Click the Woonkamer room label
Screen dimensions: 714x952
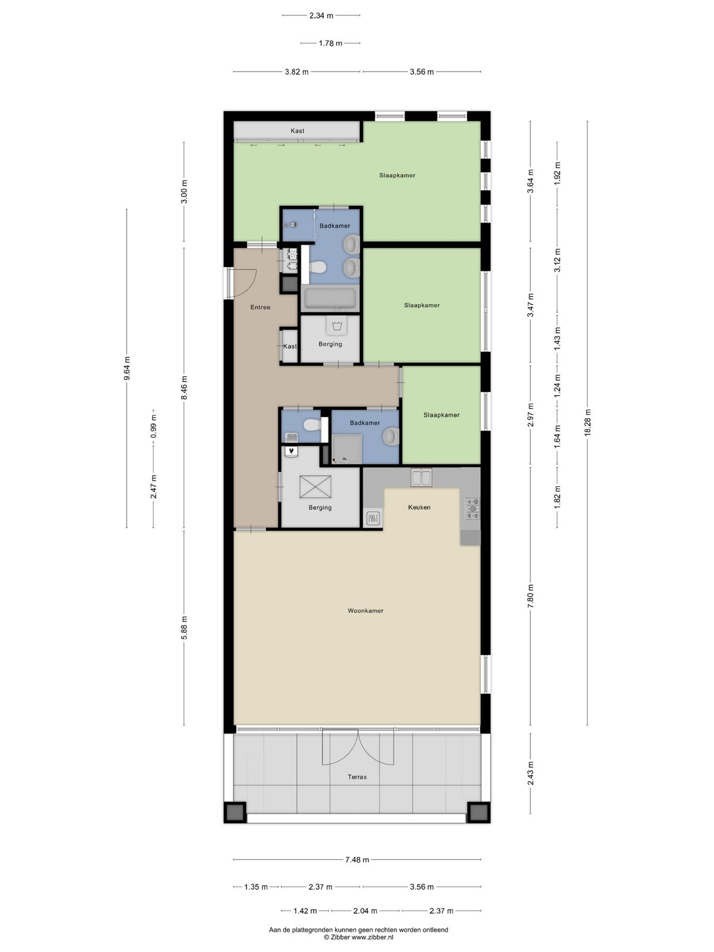(x=365, y=610)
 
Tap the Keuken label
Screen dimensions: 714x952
(x=419, y=507)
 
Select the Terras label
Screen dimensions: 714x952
(x=357, y=777)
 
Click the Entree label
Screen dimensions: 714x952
(x=260, y=307)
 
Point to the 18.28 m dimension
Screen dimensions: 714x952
(x=587, y=423)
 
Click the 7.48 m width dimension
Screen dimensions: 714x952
(x=357, y=860)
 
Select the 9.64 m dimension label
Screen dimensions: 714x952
(x=127, y=368)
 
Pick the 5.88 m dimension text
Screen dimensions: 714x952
(x=184, y=628)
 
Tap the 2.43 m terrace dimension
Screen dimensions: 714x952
(x=530, y=773)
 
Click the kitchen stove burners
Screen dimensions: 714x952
(x=472, y=508)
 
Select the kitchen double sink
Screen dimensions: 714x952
(x=421, y=478)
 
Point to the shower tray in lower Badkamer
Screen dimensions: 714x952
(x=346, y=449)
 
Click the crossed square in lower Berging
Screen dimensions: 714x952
(x=315, y=487)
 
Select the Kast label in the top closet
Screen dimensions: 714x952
(x=297, y=130)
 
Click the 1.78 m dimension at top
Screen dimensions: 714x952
(x=330, y=43)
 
